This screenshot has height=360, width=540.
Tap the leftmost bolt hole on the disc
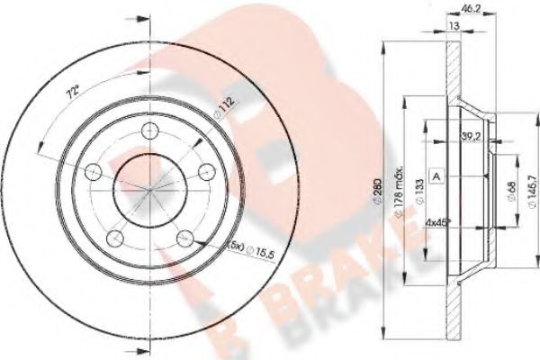point(93,171)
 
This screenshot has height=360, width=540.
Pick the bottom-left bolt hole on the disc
point(115,238)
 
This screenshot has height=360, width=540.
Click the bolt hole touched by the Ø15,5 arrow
point(184,238)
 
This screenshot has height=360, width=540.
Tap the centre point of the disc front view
point(148,187)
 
